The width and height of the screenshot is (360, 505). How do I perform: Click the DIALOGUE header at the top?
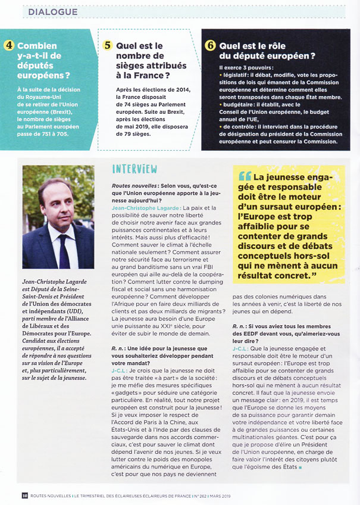pyautogui.click(x=53, y=11)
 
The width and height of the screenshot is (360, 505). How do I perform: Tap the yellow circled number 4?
pyautogui.click(x=10, y=45)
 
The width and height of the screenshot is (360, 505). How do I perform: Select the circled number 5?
pyautogui.click(x=108, y=45)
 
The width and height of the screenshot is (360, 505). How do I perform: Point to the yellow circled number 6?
pyautogui.click(x=210, y=45)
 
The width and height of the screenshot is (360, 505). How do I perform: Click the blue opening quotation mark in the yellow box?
pyautogui.click(x=244, y=177)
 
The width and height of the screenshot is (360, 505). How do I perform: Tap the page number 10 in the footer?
pyautogui.click(x=24, y=495)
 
